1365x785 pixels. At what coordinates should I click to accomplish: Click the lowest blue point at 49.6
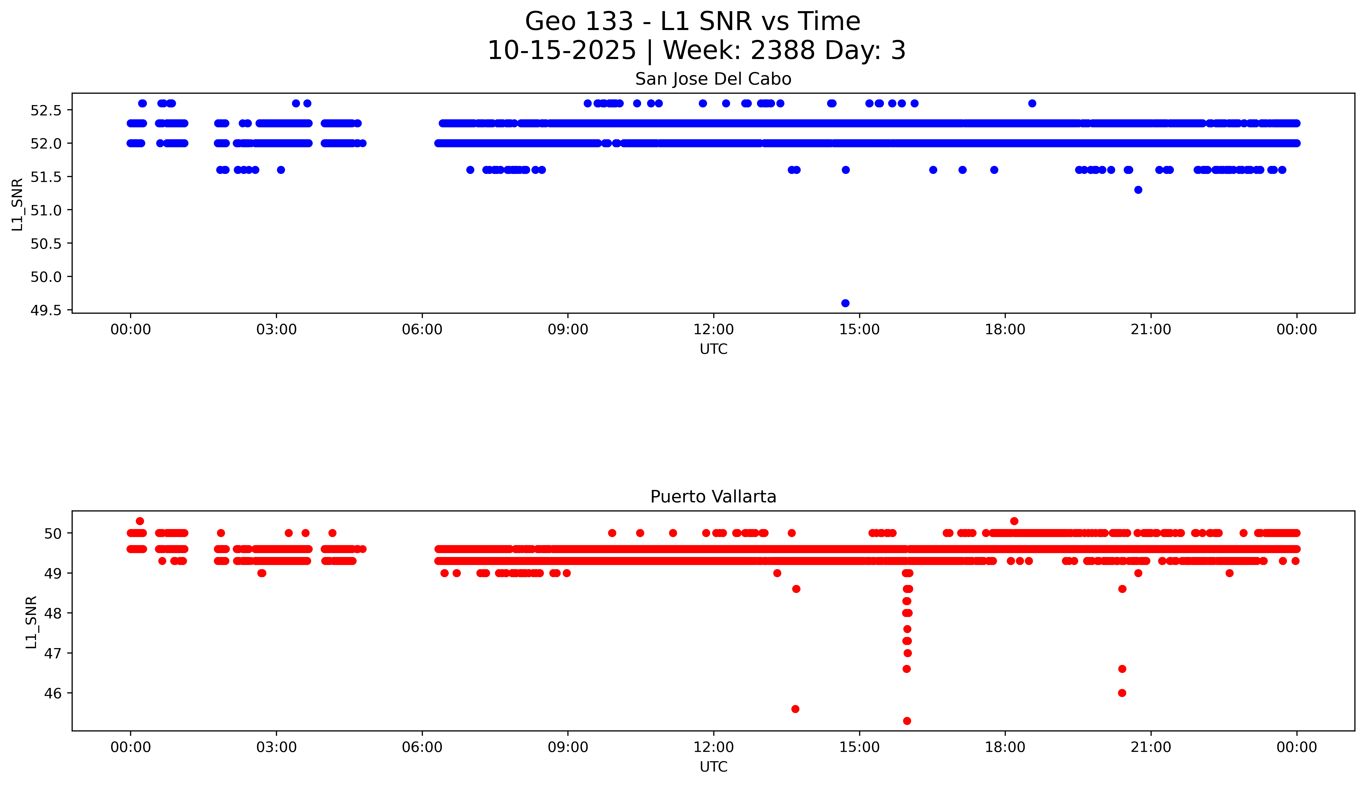pos(845,303)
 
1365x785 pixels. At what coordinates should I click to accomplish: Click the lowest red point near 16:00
pos(906,721)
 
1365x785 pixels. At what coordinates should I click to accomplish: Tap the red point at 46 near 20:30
pos(1122,693)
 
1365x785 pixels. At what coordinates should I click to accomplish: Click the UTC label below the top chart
pos(713,349)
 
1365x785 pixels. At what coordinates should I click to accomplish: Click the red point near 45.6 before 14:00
pos(795,709)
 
